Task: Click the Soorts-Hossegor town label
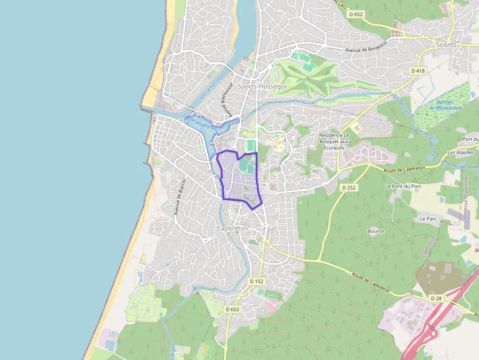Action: pos(262,86)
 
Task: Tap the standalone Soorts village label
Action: pos(446,44)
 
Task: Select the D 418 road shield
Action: pos(418,71)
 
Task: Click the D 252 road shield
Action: pos(348,187)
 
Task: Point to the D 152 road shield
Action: pos(256,281)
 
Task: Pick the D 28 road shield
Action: pos(436,298)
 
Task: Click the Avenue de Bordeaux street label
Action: pos(366,46)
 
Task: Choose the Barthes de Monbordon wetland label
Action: pos(445,105)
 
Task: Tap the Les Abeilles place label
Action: pos(460,152)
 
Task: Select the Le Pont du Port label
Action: pos(403,186)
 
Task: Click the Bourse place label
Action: pos(376,231)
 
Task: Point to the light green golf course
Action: pos(313,78)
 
